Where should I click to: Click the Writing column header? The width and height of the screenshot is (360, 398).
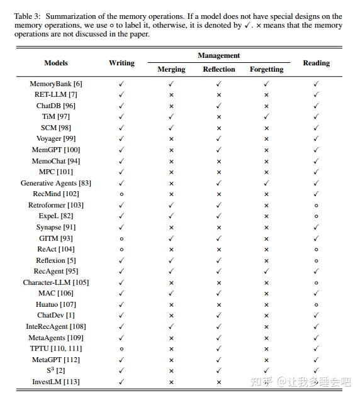[121, 63]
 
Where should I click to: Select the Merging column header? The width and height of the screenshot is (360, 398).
[171, 69]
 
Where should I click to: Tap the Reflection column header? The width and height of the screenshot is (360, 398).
[219, 69]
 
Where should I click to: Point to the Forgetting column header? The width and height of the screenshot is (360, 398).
[266, 69]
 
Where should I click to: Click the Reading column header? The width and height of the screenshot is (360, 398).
[316, 63]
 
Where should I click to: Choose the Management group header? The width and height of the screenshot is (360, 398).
[219, 56]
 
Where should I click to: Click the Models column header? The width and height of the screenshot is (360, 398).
[56, 63]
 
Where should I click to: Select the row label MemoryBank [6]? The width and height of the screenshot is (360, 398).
[56, 84]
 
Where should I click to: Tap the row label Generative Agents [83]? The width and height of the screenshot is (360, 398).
[56, 183]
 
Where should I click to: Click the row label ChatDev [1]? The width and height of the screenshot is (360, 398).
[56, 315]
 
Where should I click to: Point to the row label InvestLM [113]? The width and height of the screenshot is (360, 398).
[56, 382]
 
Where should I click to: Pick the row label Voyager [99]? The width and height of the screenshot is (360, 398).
[56, 138]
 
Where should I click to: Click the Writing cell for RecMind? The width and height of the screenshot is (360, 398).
[121, 194]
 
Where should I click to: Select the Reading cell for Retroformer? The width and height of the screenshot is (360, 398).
[316, 205]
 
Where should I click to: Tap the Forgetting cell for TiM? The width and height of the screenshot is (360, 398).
[266, 116]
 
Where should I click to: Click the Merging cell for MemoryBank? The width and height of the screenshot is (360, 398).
[171, 84]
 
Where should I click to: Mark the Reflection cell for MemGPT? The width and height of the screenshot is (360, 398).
[219, 150]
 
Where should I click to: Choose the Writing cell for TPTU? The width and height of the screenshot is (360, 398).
[121, 348]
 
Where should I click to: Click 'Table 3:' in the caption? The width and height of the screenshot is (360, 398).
[28, 16]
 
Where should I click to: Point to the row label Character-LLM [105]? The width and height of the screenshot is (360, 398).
[56, 282]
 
